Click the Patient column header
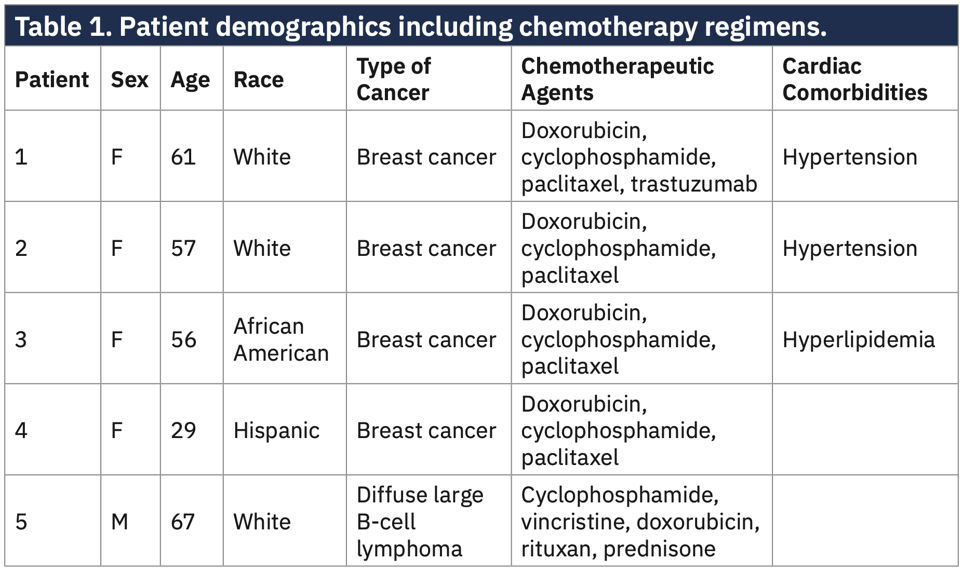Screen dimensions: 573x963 point(52,79)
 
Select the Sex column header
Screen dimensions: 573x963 point(129,79)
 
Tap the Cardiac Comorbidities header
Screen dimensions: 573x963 point(854,79)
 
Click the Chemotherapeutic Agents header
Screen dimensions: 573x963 point(617,79)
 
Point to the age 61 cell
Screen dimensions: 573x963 point(183,157)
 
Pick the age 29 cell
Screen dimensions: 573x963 point(183,430)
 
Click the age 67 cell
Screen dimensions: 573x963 point(183,522)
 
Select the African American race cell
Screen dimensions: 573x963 point(280,339)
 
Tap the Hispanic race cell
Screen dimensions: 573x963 point(276,430)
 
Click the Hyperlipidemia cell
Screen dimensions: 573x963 point(858,339)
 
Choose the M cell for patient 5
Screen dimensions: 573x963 point(119,522)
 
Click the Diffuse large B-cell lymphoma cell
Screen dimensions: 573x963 point(420,522)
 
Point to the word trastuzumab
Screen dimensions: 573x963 point(694,184)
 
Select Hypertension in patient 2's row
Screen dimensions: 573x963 point(850,248)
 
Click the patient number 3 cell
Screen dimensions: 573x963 point(21,339)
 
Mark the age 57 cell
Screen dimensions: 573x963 point(183,248)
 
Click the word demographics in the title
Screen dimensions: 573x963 point(303,26)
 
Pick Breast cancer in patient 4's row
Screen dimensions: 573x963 point(426,430)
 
